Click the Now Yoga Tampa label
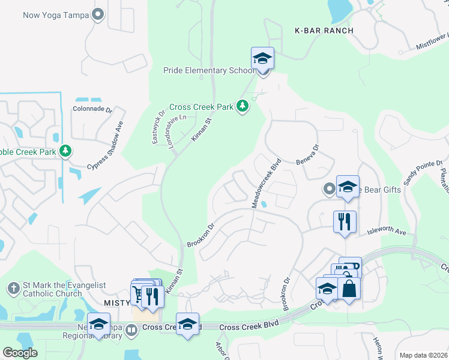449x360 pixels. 56,15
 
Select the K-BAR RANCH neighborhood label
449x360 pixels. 324,30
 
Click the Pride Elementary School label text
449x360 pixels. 209,71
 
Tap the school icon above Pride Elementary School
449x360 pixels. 263,59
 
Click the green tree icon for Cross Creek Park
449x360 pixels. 243,107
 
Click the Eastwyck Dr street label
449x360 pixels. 158,127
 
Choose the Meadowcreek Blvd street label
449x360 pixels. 266,183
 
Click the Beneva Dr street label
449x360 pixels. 307,154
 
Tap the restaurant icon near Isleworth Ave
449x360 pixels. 345,221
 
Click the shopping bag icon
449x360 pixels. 349,289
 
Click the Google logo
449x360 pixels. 20,353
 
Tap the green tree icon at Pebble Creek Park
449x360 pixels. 66,152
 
